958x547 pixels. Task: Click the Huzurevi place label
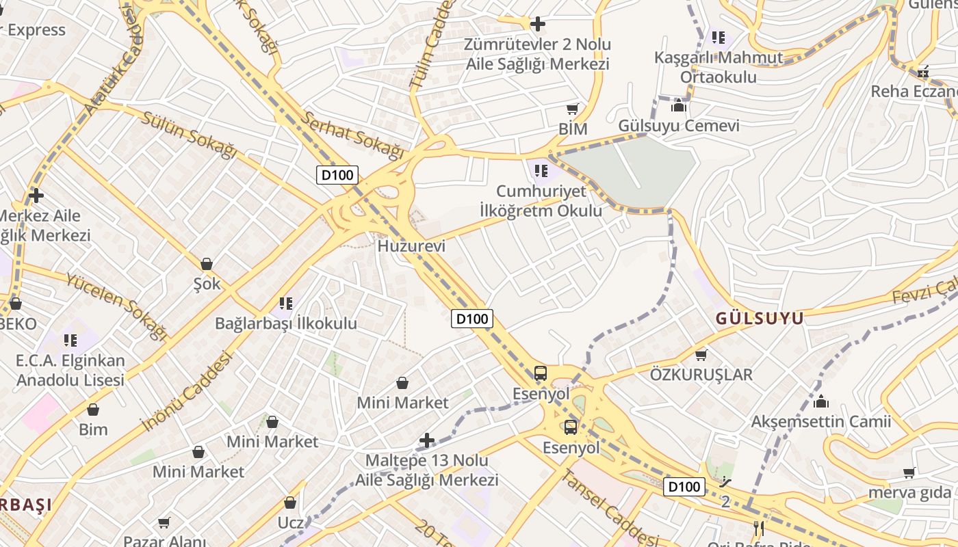411,246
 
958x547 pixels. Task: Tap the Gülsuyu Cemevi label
679,126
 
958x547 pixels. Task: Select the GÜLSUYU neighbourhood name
760,319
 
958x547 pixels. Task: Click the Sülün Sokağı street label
188,133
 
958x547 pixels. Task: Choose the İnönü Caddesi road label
186,391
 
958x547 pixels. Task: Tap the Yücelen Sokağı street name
116,306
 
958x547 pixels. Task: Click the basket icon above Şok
207,264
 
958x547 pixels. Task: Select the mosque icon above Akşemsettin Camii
821,401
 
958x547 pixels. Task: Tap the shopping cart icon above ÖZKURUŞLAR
701,355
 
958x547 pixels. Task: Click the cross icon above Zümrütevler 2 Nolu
538,25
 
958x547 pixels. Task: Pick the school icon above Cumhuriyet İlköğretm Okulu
541,170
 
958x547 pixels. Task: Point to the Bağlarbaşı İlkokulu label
286,323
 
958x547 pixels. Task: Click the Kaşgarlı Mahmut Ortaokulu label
718,67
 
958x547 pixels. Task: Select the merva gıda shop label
909,492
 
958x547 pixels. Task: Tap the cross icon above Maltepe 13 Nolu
427,440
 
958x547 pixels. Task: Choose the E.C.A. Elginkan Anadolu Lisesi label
70,370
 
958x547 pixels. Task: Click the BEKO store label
18,323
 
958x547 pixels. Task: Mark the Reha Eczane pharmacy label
914,91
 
